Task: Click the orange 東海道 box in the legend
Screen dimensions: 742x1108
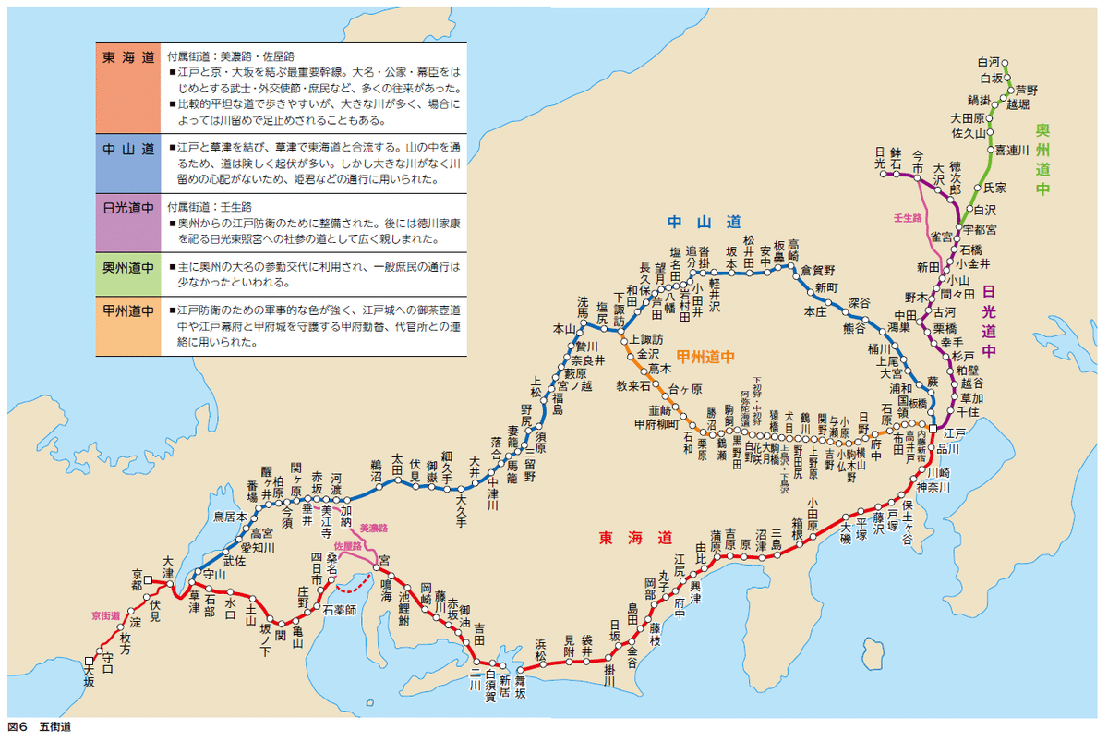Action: tap(128, 87)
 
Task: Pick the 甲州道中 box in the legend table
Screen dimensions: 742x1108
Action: tap(128, 325)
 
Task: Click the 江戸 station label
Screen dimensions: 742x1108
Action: tap(954, 432)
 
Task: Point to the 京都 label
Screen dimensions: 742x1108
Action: tap(137, 579)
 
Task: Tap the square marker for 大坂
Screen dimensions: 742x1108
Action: tap(89, 661)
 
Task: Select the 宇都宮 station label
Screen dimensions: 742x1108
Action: tap(980, 228)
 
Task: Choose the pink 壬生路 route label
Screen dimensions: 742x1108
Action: tap(908, 218)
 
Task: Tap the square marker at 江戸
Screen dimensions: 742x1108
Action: tap(934, 431)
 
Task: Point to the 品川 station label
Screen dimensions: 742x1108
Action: tap(955, 448)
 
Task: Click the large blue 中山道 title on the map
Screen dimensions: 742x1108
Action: tap(705, 223)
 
